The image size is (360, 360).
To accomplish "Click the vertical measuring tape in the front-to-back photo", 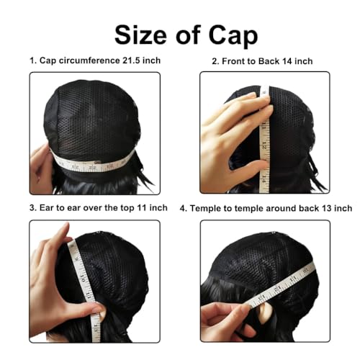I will pyautogui.click(x=262, y=130).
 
